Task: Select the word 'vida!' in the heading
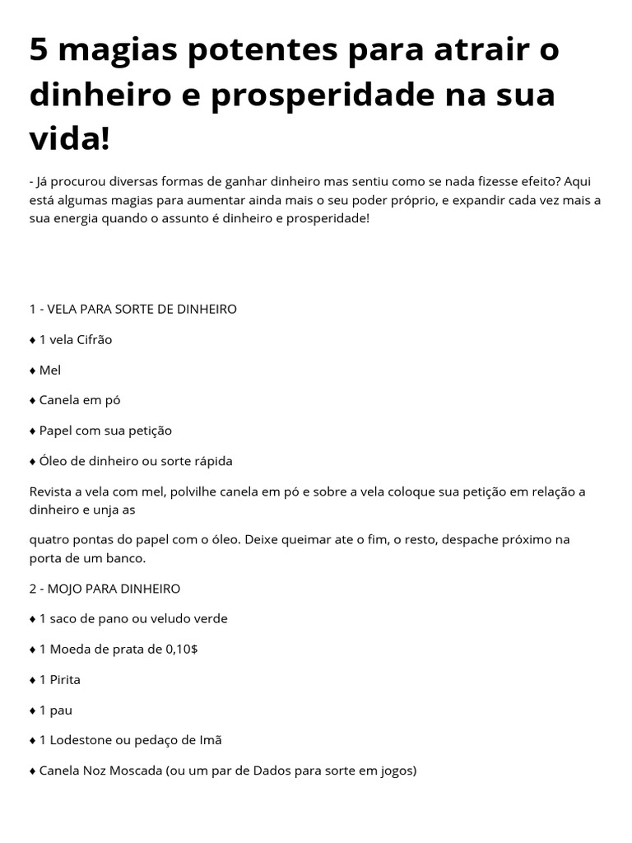click(69, 138)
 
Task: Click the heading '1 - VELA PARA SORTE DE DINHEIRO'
click(132, 309)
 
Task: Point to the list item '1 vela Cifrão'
click(75, 339)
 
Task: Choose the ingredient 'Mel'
click(50, 370)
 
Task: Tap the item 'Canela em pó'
click(80, 400)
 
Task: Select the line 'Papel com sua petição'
click(105, 431)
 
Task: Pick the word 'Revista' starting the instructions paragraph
click(52, 491)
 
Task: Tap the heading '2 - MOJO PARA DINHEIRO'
click(105, 589)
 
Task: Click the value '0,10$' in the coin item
click(181, 649)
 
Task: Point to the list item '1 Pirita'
click(60, 679)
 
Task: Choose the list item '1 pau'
click(56, 710)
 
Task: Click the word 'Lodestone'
click(81, 740)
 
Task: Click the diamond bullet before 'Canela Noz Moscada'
click(32, 771)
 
